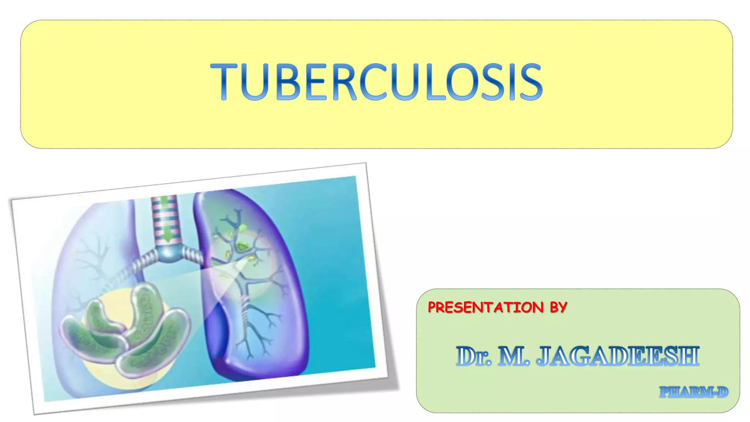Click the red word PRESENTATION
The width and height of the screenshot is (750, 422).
tap(486, 307)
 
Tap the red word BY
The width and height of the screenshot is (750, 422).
tap(558, 307)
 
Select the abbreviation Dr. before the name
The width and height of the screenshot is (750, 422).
tap(474, 356)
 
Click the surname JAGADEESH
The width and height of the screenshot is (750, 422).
tap(617, 356)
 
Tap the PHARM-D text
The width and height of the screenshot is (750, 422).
tap(694, 392)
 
